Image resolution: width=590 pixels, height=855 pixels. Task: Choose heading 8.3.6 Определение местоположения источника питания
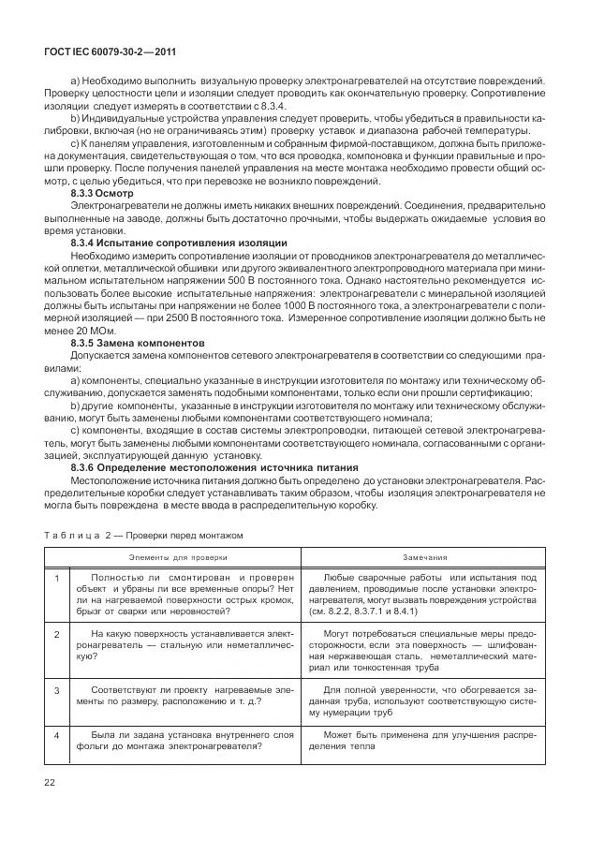(214, 466)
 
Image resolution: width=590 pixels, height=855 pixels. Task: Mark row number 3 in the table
(56, 691)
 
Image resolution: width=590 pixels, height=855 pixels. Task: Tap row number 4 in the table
(56, 736)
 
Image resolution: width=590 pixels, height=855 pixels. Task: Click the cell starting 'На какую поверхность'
(178, 646)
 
